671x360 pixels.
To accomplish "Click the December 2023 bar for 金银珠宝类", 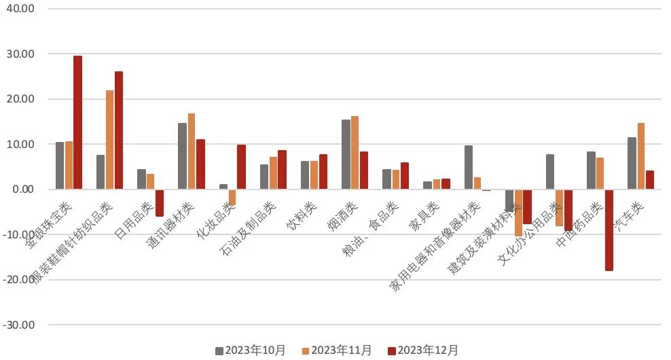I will (x=78, y=123).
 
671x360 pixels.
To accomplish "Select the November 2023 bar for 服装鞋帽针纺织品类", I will (x=110, y=140).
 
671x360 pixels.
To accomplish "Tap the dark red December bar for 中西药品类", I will (x=609, y=230).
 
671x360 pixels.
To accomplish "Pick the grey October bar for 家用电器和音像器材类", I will (x=469, y=167).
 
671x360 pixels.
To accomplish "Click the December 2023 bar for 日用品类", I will (x=160, y=203).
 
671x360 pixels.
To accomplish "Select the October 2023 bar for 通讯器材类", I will (x=182, y=156).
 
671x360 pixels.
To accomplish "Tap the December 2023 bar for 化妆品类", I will (x=242, y=167).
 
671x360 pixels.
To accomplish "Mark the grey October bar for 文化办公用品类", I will (x=550, y=172).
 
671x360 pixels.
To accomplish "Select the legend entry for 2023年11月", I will (x=337, y=350).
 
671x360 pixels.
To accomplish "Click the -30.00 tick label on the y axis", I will (x=20, y=325).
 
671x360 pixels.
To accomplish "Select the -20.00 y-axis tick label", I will (x=20, y=280).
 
